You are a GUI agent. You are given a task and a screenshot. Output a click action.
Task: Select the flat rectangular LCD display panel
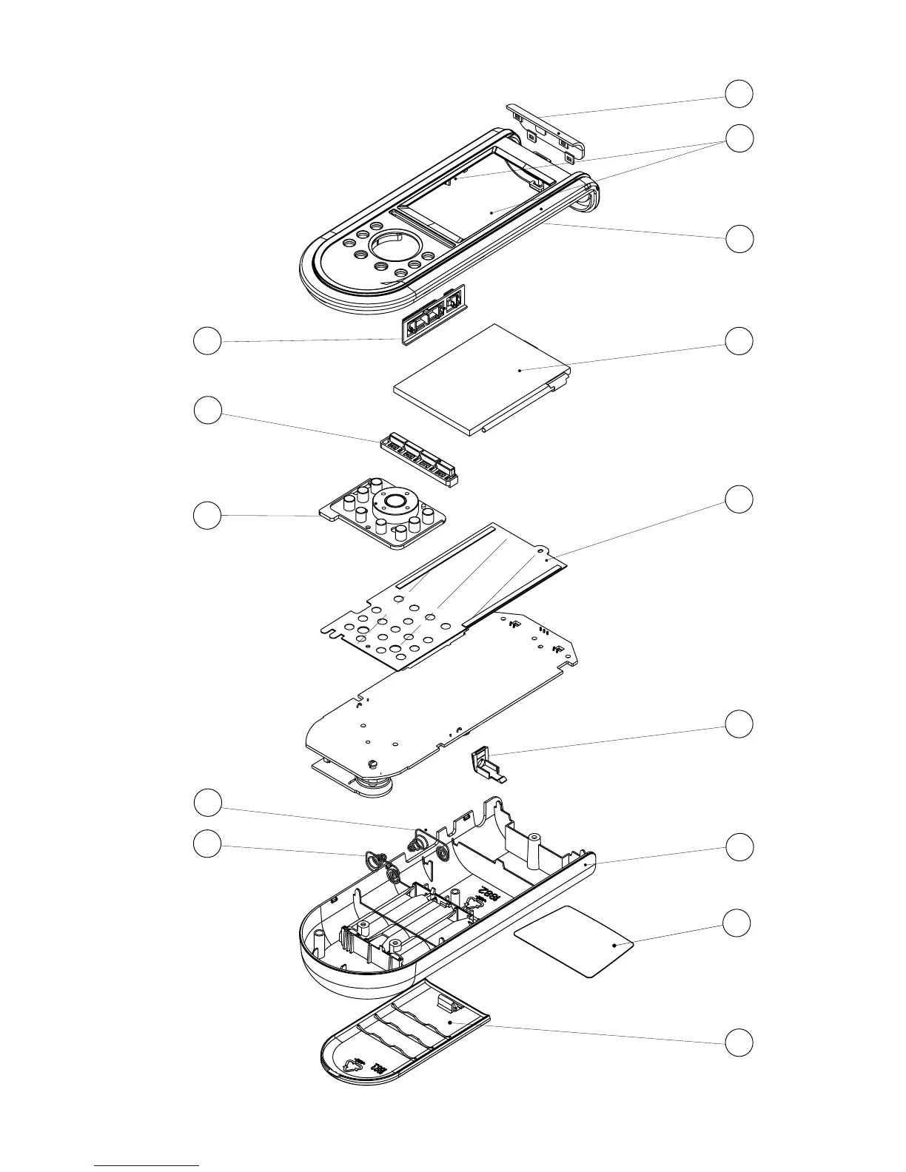[481, 377]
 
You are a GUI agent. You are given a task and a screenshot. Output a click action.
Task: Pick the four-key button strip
[419, 459]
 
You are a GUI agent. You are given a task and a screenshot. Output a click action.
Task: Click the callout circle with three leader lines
[739, 138]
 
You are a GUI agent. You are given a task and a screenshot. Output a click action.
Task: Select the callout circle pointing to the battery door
[739, 1043]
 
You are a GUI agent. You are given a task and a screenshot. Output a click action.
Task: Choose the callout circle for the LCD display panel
[739, 340]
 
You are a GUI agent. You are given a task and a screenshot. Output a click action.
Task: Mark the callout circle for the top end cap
[739, 93]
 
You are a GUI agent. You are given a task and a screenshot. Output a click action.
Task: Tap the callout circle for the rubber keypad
[207, 515]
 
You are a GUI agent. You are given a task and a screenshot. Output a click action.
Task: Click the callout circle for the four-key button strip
[207, 410]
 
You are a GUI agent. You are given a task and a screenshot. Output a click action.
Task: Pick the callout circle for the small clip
[739, 724]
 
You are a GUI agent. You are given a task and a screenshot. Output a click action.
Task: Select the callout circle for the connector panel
[207, 341]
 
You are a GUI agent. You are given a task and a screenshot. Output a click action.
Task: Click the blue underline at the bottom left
[147, 1165]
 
